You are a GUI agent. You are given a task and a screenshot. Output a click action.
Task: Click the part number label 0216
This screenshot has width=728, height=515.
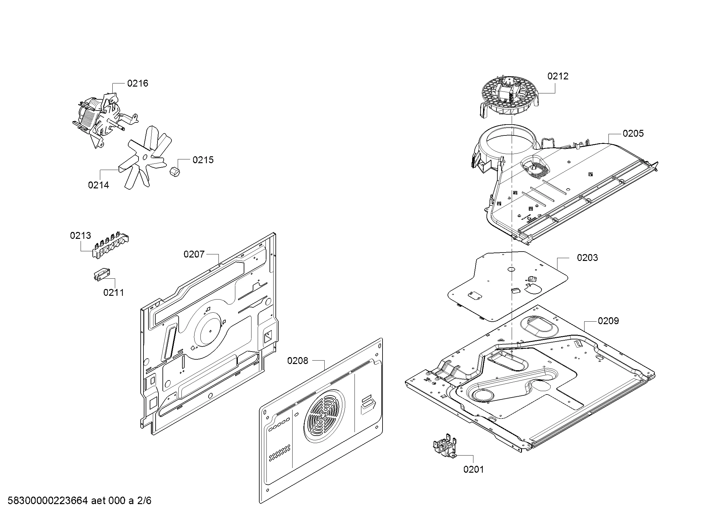click(138, 83)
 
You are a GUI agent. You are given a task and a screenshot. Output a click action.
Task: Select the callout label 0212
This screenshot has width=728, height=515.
click(558, 76)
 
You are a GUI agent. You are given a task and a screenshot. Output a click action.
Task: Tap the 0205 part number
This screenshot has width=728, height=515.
click(633, 133)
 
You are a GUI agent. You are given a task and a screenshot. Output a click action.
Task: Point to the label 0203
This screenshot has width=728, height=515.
click(587, 257)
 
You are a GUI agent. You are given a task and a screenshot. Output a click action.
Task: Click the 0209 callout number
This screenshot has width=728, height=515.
click(608, 321)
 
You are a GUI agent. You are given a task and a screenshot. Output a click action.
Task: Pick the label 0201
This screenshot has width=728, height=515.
click(473, 469)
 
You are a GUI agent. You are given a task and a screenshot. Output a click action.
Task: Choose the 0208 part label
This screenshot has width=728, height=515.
click(298, 361)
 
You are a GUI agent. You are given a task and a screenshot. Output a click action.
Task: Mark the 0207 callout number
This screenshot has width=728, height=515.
click(194, 254)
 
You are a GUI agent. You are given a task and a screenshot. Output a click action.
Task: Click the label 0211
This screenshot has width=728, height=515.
click(114, 292)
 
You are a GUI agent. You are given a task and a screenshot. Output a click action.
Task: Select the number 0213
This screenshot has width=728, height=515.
click(81, 235)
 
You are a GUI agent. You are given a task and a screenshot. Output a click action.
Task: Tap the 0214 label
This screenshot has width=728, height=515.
click(98, 185)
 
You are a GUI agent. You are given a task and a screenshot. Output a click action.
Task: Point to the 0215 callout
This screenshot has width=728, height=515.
click(203, 160)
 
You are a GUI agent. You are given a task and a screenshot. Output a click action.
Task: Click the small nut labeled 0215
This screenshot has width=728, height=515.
click(175, 172)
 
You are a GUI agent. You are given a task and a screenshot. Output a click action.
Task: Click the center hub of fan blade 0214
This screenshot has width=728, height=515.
click(145, 156)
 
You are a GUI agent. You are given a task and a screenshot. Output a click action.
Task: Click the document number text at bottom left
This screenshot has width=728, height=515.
click(79, 500)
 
